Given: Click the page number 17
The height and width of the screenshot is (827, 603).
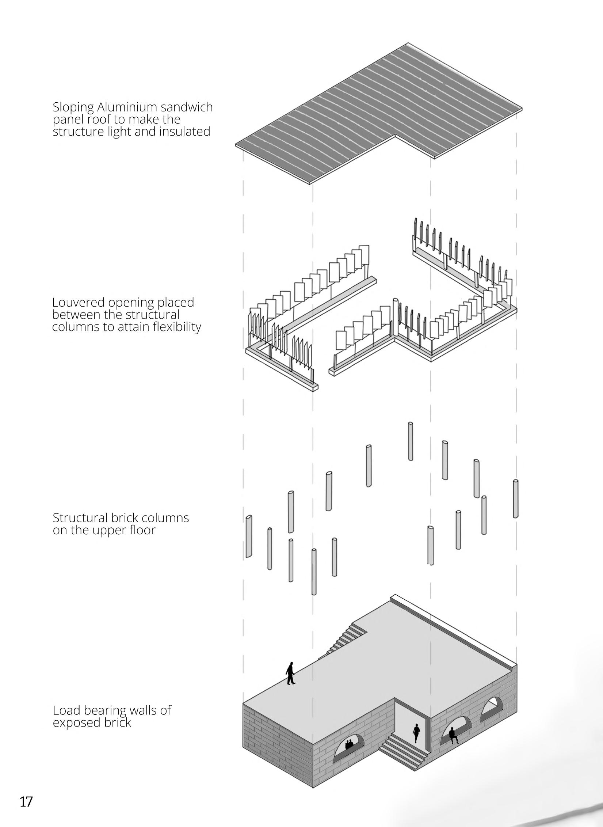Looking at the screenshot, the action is coord(26,799).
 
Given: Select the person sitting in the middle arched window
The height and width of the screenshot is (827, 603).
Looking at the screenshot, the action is coord(453,735).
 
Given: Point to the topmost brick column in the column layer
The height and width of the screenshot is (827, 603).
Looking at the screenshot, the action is coord(411,441).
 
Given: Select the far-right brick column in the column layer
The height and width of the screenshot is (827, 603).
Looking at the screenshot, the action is coord(516,498).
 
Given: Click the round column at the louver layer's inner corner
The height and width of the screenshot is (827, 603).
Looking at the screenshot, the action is coord(395,317).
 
